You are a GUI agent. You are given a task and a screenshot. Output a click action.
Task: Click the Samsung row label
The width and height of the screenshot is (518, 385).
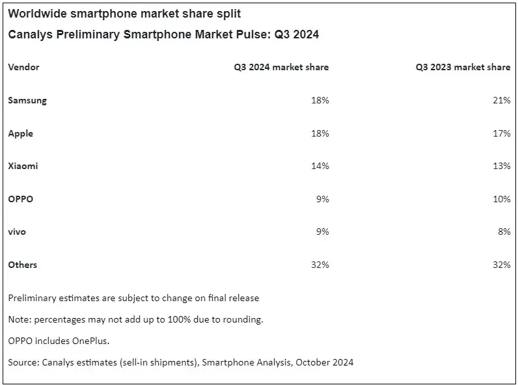click(27, 101)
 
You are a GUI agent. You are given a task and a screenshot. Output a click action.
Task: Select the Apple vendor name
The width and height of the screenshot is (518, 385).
click(21, 133)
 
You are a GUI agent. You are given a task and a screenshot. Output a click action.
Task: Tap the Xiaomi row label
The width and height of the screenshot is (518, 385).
click(23, 166)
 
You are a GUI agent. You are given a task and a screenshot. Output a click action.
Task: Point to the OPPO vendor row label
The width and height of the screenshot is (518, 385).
click(21, 199)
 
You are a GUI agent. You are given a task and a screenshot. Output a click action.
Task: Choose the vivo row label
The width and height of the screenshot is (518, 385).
click(17, 232)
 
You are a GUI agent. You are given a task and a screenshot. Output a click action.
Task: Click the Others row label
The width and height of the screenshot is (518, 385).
click(23, 265)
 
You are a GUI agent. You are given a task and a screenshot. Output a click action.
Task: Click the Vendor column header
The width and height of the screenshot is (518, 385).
click(24, 67)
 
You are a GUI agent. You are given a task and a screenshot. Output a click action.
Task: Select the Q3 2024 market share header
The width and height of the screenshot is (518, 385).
click(281, 67)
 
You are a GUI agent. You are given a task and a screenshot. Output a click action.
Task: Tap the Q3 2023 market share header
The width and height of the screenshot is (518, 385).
click(463, 67)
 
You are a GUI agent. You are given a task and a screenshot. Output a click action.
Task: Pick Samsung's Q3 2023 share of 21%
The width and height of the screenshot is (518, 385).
click(502, 101)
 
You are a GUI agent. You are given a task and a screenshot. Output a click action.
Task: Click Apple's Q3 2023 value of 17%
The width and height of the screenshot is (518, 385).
click(502, 133)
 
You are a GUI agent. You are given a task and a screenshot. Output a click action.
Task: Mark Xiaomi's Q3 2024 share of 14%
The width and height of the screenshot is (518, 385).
click(320, 166)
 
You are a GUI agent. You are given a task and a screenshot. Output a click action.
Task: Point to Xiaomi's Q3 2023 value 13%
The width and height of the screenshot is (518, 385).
click(502, 166)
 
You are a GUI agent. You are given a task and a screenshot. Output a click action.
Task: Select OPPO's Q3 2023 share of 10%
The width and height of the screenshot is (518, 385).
click(502, 199)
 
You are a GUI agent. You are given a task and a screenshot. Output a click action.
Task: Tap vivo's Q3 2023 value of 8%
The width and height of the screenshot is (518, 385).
click(504, 232)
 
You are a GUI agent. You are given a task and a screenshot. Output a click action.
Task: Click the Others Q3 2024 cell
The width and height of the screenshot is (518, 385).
click(320, 265)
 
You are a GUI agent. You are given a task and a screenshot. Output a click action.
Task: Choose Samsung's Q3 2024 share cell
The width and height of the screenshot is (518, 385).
click(320, 101)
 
